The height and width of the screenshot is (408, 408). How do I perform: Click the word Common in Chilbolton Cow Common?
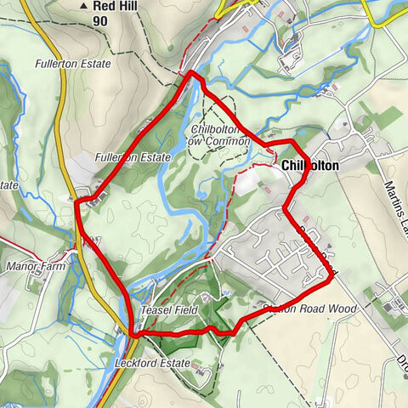(x=223, y=141)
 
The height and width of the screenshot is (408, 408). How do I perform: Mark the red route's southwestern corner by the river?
(x=133, y=335)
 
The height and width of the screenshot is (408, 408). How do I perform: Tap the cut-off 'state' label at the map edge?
(x=8, y=184)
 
